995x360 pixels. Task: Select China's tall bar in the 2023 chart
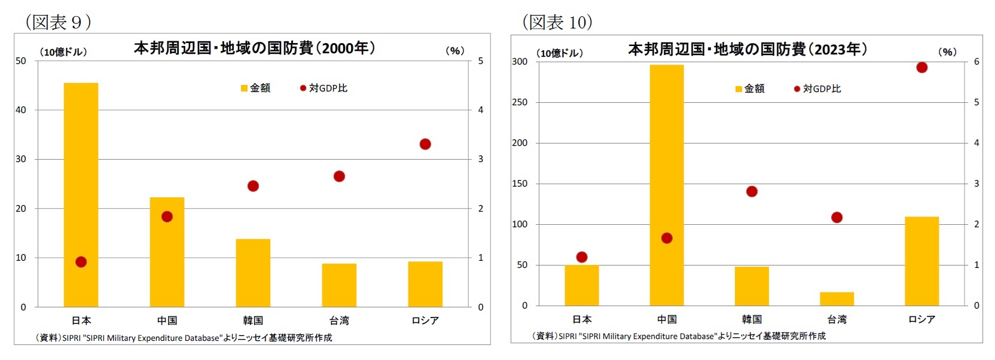[x=667, y=185]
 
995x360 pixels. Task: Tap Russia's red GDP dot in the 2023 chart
[x=921, y=68]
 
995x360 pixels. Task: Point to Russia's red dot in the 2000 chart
[x=425, y=144]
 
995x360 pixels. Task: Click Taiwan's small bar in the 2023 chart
[x=837, y=299]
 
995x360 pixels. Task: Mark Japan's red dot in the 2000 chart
[x=81, y=262]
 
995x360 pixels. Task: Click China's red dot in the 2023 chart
[x=667, y=238]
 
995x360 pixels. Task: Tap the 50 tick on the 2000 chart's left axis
[x=21, y=60]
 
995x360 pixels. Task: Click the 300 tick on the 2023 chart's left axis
[x=520, y=62]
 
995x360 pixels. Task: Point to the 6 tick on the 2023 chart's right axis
[x=976, y=62]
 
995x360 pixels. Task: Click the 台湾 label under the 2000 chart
[x=339, y=321]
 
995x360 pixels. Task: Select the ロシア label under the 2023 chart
[x=921, y=319]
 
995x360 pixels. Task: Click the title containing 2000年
[x=254, y=48]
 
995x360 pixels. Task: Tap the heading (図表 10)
[x=557, y=22]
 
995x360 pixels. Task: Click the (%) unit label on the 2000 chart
[x=455, y=51]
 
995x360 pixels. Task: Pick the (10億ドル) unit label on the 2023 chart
[x=560, y=53]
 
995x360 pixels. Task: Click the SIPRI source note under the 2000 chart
[x=184, y=338]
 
